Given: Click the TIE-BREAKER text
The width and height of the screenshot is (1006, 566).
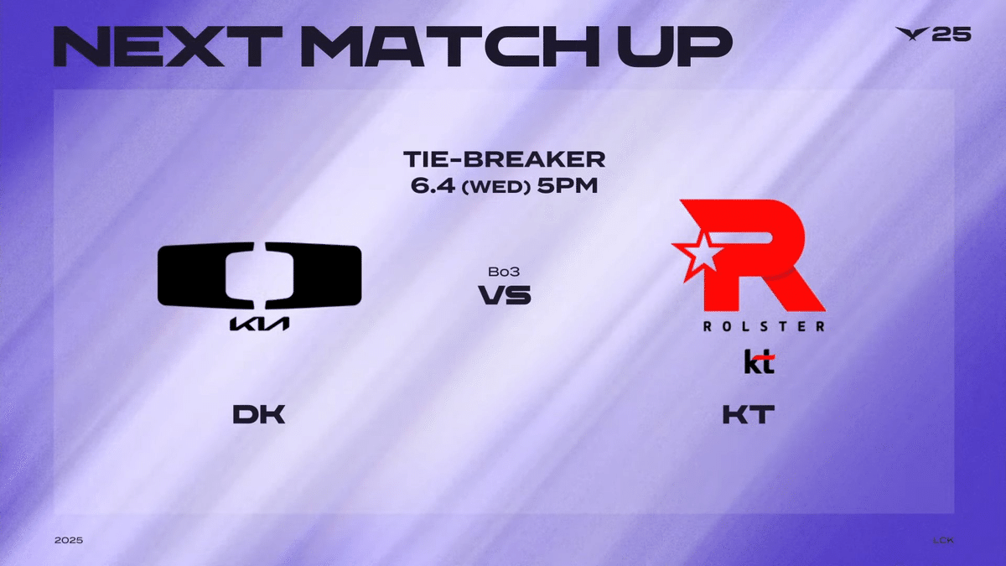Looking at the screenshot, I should (503, 159).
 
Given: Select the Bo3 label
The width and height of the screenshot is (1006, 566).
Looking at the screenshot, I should (503, 273).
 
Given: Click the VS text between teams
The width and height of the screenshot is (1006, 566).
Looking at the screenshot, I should (504, 295).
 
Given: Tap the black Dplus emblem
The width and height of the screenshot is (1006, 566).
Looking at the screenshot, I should (260, 275).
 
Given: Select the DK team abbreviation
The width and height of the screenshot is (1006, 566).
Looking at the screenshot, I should (259, 414).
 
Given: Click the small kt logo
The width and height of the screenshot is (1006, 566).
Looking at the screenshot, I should (759, 361).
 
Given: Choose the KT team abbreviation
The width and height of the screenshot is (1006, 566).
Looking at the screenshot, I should (748, 414).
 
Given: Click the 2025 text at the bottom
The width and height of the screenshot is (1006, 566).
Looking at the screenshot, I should (69, 540).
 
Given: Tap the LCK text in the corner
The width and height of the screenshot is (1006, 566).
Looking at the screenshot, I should (943, 540).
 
